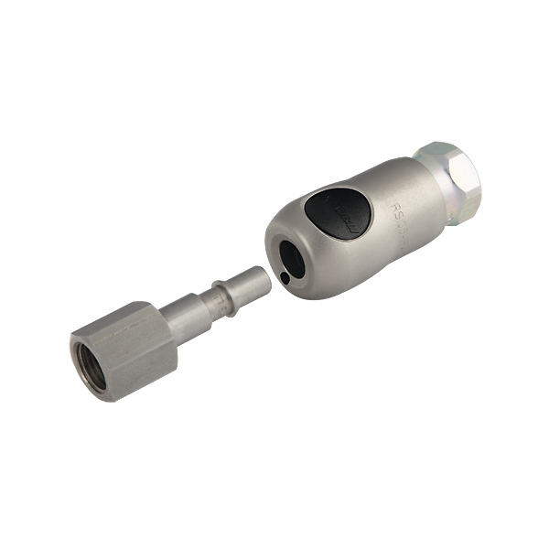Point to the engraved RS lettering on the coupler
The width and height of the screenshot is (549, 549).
point(403,212)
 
